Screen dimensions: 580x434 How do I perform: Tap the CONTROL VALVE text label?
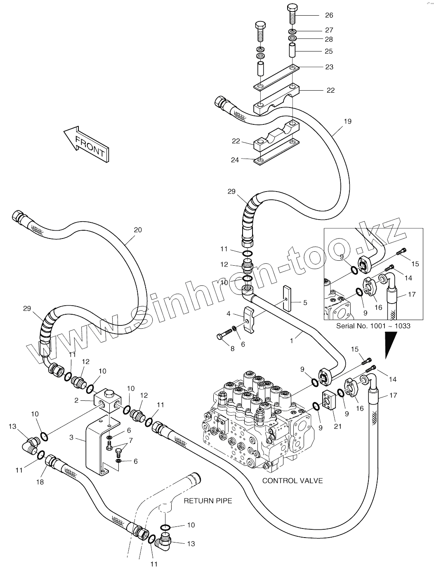(x=292, y=480)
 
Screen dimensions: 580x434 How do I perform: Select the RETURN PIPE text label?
(x=208, y=501)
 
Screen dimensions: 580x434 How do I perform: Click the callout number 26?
(x=329, y=15)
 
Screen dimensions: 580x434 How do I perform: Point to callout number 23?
(x=329, y=67)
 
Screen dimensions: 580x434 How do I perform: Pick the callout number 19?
(x=347, y=121)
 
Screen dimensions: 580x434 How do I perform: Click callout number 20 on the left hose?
(x=138, y=229)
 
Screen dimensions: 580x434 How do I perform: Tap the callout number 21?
(x=337, y=426)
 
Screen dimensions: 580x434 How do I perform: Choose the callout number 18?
(x=40, y=482)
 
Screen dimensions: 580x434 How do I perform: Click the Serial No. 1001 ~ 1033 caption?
(x=373, y=325)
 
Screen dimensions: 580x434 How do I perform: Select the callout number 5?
(x=305, y=303)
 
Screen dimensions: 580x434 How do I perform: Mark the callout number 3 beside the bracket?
(x=71, y=437)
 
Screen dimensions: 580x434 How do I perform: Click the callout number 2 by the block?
(x=76, y=400)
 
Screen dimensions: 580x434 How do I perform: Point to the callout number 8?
(x=232, y=348)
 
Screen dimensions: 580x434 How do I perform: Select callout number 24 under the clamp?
(x=235, y=160)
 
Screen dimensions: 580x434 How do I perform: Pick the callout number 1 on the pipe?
(x=292, y=341)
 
